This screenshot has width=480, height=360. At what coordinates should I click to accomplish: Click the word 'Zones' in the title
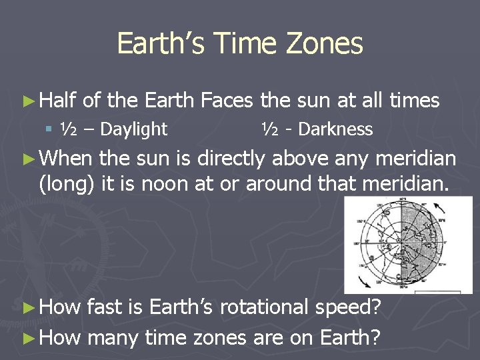(326, 44)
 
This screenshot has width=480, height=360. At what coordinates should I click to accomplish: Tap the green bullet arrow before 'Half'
(27, 101)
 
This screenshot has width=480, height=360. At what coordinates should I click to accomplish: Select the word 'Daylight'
(134, 129)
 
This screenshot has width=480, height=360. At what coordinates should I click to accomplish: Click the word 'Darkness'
(335, 129)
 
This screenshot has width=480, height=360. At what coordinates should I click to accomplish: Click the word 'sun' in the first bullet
(313, 101)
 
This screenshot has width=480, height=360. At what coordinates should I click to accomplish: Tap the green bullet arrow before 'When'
(27, 159)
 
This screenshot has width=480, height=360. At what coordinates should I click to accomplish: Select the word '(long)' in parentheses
(67, 183)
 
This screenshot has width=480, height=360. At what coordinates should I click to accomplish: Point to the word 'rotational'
(263, 307)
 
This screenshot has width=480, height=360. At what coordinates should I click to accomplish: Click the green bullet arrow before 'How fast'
(27, 308)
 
